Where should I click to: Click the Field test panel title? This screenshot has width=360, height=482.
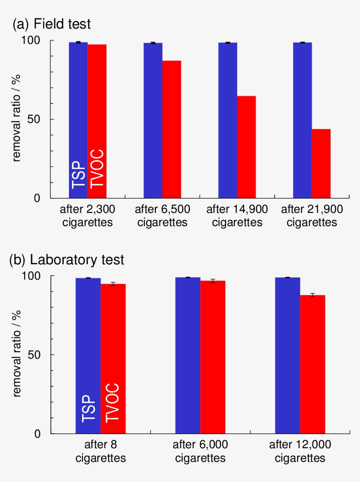pyautogui.click(x=52, y=24)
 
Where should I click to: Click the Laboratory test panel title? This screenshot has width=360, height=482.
pyautogui.click(x=67, y=260)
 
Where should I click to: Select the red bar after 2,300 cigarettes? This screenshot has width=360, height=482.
pyautogui.click(x=97, y=121)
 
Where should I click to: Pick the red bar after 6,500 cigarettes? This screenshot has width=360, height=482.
pyautogui.click(x=172, y=129)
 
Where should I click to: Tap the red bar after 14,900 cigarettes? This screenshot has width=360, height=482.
pyautogui.click(x=246, y=147)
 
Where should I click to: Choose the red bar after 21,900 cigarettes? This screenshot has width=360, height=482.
pyautogui.click(x=321, y=163)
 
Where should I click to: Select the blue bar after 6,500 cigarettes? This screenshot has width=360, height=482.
pyautogui.click(x=153, y=120)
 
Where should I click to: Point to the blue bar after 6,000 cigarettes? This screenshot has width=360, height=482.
pyautogui.click(x=188, y=355)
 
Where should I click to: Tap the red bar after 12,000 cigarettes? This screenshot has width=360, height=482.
pyautogui.click(x=313, y=364)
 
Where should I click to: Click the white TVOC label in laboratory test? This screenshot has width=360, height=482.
pyautogui.click(x=113, y=402)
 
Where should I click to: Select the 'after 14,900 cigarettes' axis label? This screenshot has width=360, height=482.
pyautogui.click(x=237, y=216)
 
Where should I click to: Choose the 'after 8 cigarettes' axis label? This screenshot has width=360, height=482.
pyautogui.click(x=101, y=451)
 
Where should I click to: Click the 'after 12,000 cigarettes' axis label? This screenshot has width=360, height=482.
pyautogui.click(x=300, y=451)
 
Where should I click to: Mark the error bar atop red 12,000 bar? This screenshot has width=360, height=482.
pyautogui.click(x=313, y=295)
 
